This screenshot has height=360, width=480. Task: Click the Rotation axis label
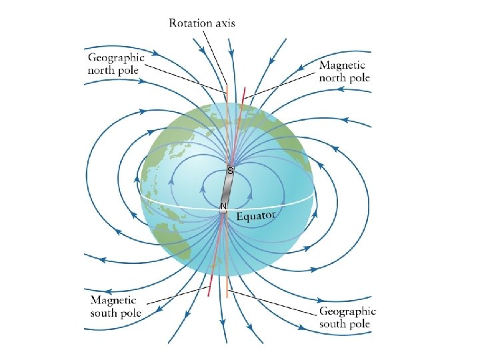[x=202, y=23]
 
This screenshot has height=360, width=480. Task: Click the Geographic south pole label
[x=347, y=317]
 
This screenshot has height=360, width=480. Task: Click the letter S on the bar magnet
[x=230, y=171]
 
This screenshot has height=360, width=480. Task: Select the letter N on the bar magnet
[x=224, y=206]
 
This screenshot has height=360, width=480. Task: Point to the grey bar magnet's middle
[x=227, y=189]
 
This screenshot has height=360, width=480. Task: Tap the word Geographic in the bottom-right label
[x=347, y=311]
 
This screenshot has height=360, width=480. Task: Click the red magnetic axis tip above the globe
[x=245, y=89]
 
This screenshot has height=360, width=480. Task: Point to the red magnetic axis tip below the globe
[x=210, y=294]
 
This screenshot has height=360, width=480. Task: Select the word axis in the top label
[x=225, y=23]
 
